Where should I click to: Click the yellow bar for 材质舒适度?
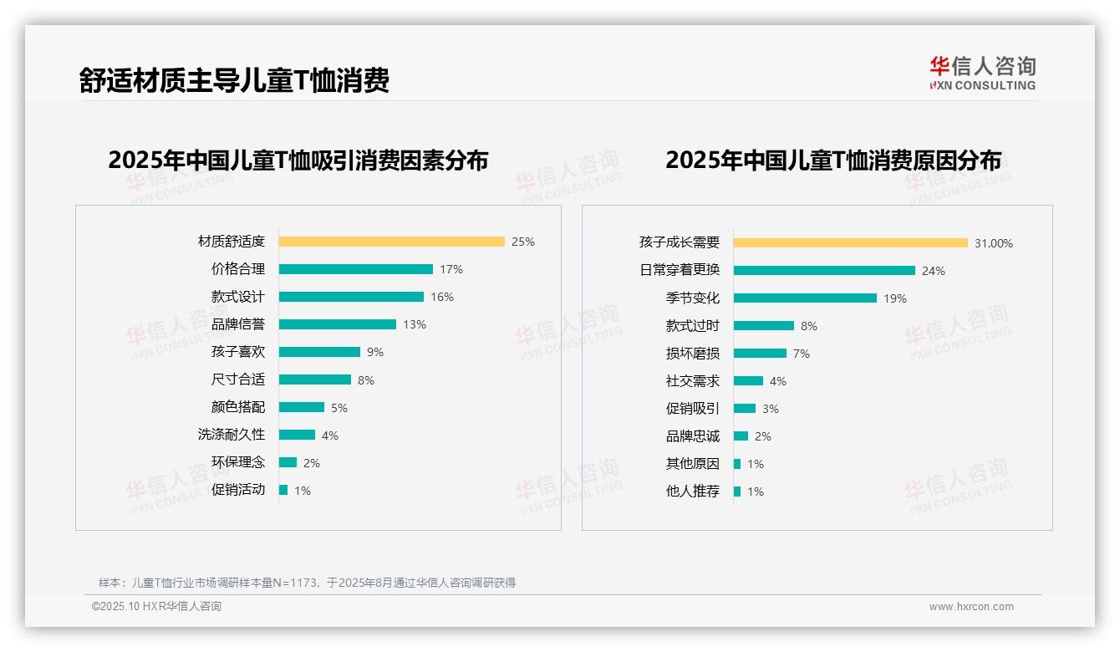tap(391, 242)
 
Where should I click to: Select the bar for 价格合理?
tap(355, 269)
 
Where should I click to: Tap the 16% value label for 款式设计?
tap(442, 297)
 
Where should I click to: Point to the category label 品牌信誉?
tap(238, 324)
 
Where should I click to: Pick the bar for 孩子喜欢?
tap(319, 352)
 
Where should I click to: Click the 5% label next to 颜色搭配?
tap(339, 408)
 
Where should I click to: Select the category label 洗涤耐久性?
tap(232, 435)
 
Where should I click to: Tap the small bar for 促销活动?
tap(283, 490)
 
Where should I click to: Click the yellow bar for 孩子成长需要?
tap(850, 243)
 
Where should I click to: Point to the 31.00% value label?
tap(994, 243)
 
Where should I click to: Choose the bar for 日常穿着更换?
tap(824, 271)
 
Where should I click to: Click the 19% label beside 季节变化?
tap(895, 298)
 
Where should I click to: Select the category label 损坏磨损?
tap(693, 354)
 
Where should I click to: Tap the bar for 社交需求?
tap(748, 381)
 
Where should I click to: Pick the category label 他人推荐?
tap(693, 492)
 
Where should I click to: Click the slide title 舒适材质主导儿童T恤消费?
tap(234, 81)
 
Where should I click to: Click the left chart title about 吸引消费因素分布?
tap(298, 160)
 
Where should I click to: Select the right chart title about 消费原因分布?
tap(833, 160)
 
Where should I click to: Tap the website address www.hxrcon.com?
tap(971, 607)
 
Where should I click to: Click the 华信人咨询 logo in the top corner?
tap(982, 73)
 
